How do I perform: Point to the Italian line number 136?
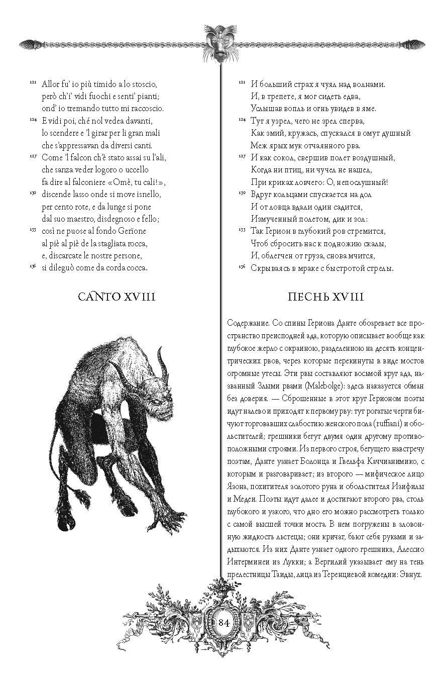(33, 266)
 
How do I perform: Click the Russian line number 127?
(242, 156)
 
